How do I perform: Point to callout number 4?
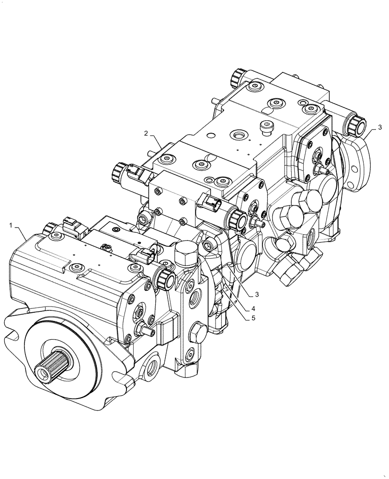point(252,307)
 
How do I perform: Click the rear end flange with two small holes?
point(357,163)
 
